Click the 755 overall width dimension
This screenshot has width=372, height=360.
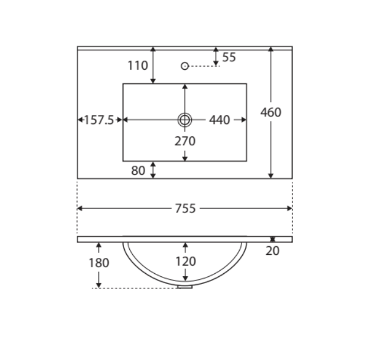pyautogui.click(x=185, y=208)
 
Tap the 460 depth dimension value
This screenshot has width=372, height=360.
pyautogui.click(x=270, y=112)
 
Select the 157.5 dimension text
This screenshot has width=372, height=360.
pyautogui.click(x=99, y=120)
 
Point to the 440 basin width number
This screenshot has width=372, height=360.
pyautogui.click(x=220, y=120)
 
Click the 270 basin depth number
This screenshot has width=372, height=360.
pyautogui.click(x=185, y=141)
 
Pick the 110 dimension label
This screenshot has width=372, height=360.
pyautogui.click(x=138, y=66)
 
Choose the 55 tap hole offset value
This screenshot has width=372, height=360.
pyautogui.click(x=229, y=57)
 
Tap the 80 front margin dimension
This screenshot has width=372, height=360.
pyautogui.click(x=138, y=171)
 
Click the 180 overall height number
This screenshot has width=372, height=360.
pyautogui.click(x=99, y=263)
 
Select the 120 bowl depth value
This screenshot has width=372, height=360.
pyautogui.click(x=185, y=261)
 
